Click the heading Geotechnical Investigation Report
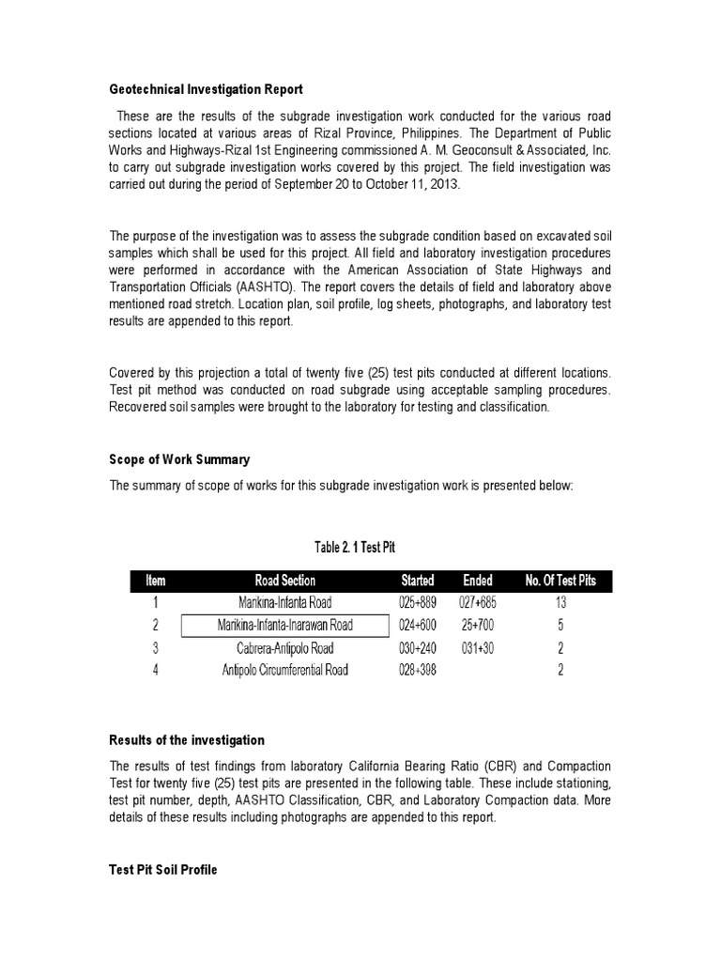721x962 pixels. point(206,90)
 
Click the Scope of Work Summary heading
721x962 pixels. point(179,459)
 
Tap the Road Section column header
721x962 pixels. point(285,581)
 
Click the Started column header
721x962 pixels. point(418,581)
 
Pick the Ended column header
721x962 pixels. point(478,581)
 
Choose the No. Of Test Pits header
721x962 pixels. point(560,581)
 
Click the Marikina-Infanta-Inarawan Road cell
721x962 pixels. point(285,626)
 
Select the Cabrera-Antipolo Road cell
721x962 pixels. point(285,648)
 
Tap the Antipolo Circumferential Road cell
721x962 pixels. point(285,670)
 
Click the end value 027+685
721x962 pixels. point(478,603)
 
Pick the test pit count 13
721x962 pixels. point(560,603)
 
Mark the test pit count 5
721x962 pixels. point(560,626)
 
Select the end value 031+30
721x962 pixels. point(478,648)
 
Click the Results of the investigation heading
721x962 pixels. point(187,740)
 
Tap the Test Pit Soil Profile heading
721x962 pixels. point(163,870)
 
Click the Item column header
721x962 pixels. point(155,581)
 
